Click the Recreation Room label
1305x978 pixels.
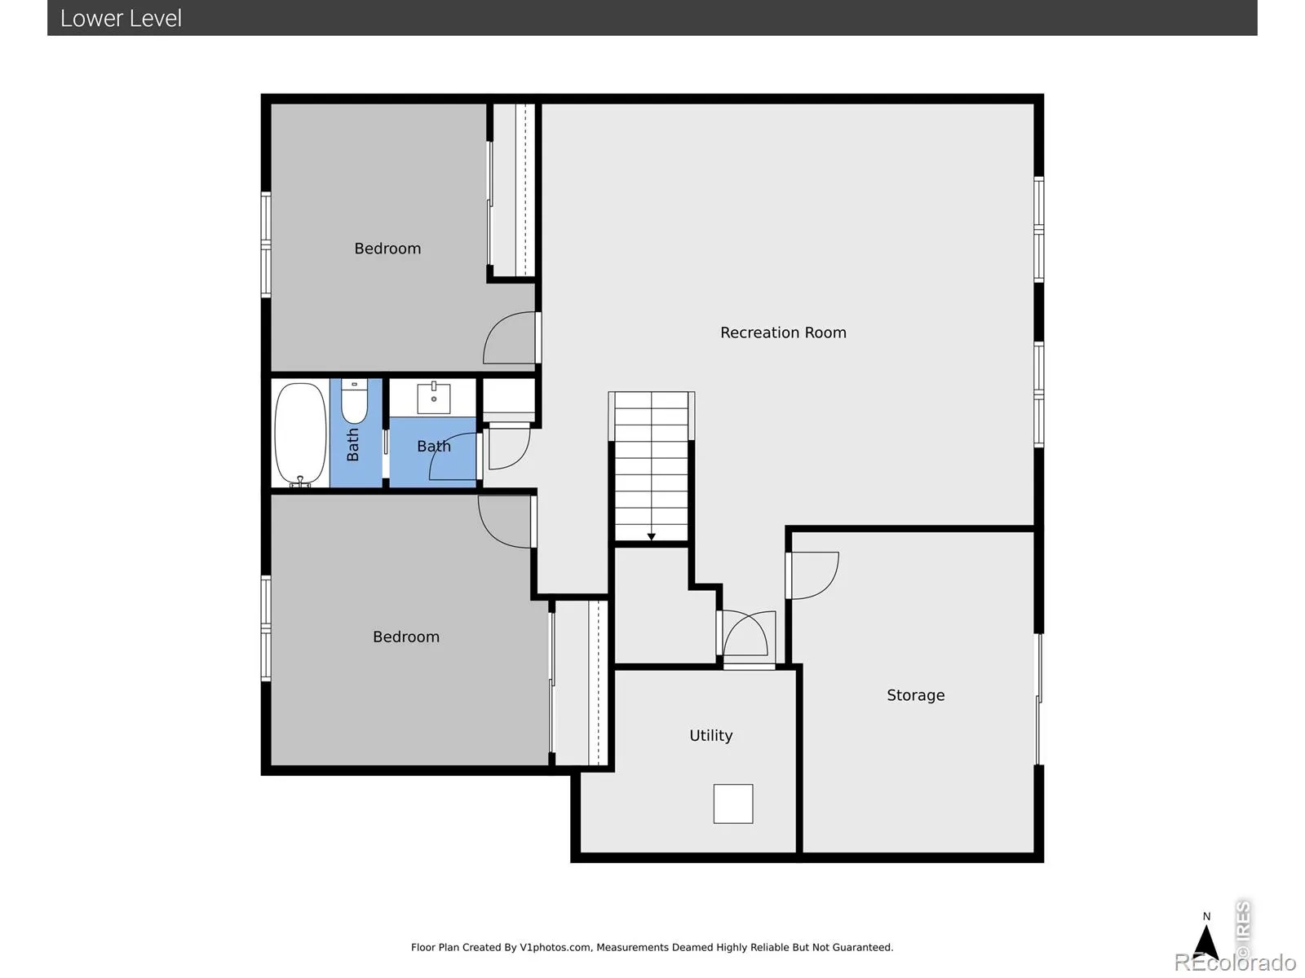783,333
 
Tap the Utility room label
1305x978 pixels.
710,736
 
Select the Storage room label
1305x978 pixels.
915,695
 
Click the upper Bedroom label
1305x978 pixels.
387,249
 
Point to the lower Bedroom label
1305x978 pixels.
405,637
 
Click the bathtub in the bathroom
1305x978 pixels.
300,434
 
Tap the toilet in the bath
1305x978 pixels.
354,401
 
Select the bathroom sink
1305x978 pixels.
433,397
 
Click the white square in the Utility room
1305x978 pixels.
733,804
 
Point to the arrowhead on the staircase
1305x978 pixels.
651,537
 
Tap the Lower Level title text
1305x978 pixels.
121,19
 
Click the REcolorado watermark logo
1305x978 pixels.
1235,962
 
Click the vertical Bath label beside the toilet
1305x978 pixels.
352,445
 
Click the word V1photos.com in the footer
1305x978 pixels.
555,947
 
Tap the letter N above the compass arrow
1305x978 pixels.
1206,916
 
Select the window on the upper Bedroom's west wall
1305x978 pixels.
266,244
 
